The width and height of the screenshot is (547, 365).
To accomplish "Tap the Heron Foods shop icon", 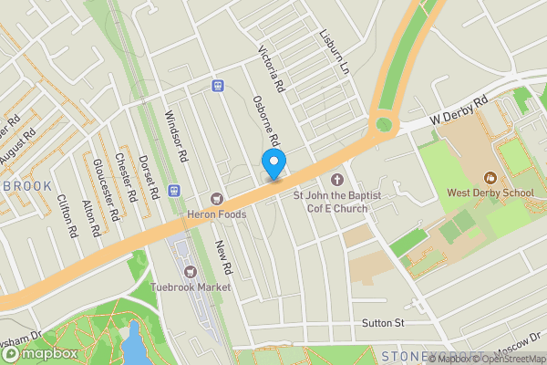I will [x=217, y=198].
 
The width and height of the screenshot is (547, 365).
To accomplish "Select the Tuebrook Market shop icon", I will [x=191, y=271].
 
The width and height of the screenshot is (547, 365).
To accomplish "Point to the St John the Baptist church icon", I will [x=336, y=179].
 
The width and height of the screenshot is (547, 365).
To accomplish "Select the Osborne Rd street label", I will [x=265, y=124].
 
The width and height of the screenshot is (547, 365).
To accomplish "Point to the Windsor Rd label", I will [x=175, y=137].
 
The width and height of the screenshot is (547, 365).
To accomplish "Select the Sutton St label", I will [x=382, y=322].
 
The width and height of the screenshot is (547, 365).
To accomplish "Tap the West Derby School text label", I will [x=490, y=193].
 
